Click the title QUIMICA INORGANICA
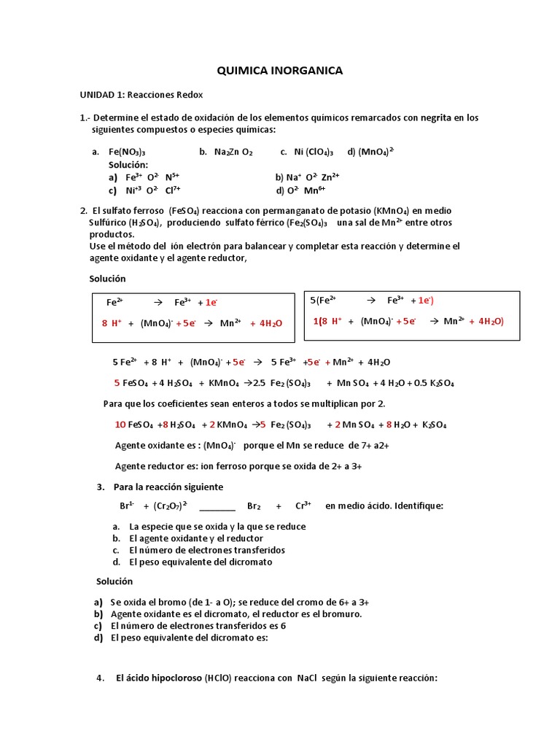click(280, 71)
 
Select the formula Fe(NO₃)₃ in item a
click(127, 152)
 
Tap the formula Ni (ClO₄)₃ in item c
click(314, 152)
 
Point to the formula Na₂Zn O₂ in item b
click(233, 152)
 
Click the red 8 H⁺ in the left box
click(112, 323)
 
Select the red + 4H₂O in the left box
click(266, 323)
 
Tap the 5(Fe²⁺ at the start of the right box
click(323, 300)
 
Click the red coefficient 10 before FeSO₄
click(120, 425)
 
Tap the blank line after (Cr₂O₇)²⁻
click(217, 506)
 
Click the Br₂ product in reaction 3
click(254, 506)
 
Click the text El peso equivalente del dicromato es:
click(190, 638)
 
